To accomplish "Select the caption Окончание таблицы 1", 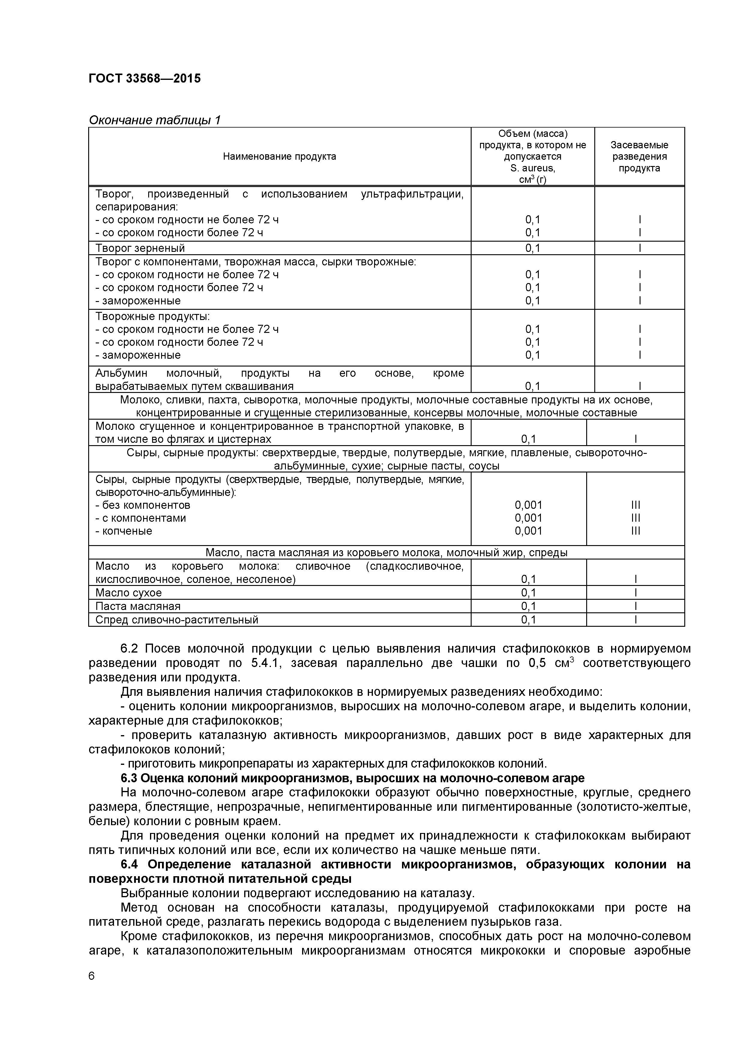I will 154,120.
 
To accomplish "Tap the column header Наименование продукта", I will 279,156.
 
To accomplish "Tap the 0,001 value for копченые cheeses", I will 528,531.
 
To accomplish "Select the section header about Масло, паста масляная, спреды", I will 386,553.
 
